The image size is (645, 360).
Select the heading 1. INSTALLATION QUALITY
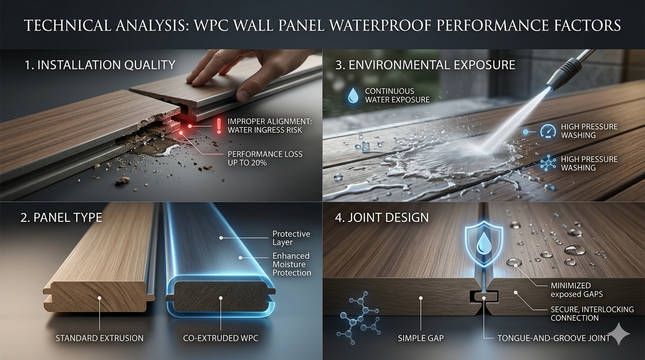[x=100, y=65]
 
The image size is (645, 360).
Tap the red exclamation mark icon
[x=218, y=126]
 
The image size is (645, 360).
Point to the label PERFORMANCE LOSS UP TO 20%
[x=265, y=158]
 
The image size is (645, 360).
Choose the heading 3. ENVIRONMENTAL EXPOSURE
[x=426, y=65]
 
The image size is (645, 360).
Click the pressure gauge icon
[x=547, y=131]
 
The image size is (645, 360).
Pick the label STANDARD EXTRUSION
[x=100, y=338]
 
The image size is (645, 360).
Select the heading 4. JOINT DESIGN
[x=382, y=217]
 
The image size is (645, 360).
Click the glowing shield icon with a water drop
[x=483, y=246]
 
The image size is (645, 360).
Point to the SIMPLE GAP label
[x=421, y=338]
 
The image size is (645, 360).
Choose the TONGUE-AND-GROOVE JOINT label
[x=554, y=338]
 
